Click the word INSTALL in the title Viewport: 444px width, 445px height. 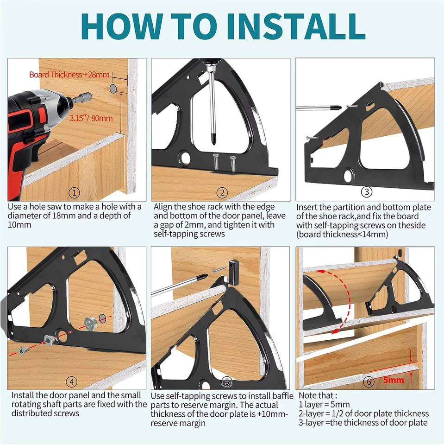click(295, 26)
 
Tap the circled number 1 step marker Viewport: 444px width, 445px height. click(74, 193)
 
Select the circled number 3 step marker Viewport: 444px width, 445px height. click(366, 192)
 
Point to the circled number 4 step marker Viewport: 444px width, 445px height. click(71, 381)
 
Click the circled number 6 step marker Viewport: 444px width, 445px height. click(369, 381)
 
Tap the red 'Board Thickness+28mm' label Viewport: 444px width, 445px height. click(69, 75)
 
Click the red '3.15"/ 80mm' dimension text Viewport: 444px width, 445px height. click(91, 118)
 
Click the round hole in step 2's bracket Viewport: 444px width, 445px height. click(185, 157)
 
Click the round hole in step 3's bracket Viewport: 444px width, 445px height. click(349, 175)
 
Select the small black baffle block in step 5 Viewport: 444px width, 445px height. click(233, 272)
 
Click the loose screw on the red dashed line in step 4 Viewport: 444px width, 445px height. click(24, 351)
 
